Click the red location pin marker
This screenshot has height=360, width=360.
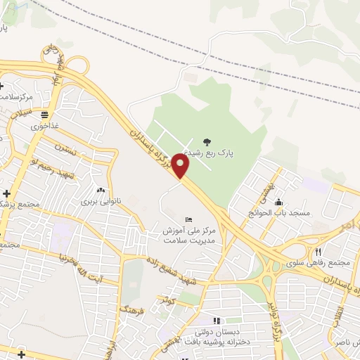click(x=181, y=166)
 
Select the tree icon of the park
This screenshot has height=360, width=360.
click(x=206, y=141)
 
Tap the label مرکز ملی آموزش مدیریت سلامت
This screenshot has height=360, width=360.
click(x=187, y=236)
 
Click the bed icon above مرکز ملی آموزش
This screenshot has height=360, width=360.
click(x=187, y=220)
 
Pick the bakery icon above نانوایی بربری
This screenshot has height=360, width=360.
click(x=100, y=190)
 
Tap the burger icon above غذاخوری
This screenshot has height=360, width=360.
click(x=44, y=114)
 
